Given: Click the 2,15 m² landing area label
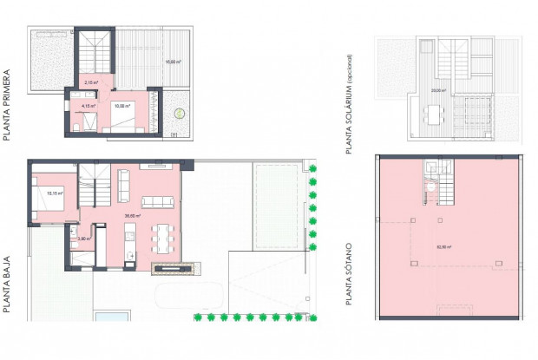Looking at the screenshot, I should pyautogui.click(x=89, y=83).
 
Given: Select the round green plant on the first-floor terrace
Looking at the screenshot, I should pyautogui.click(x=179, y=112).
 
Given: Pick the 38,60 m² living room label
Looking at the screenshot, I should pyautogui.click(x=133, y=216).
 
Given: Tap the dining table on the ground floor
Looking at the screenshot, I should pyautogui.click(x=164, y=236).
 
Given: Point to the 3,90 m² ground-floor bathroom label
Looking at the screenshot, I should pyautogui.click(x=83, y=238).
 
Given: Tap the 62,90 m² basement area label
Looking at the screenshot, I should pyautogui.click(x=443, y=246).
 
